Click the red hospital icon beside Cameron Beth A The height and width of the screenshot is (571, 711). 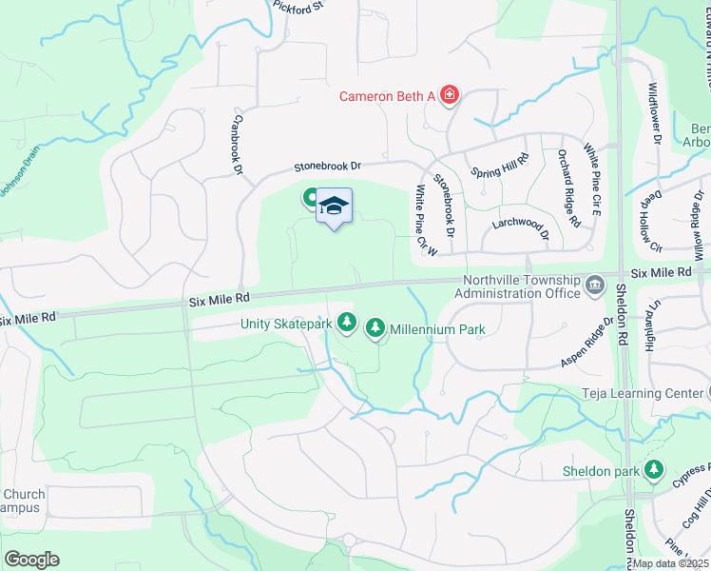coord(450,95)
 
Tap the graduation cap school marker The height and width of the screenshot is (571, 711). coord(334,207)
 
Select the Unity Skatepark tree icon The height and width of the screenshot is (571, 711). coord(348,324)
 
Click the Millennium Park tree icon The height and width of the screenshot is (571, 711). coord(375,329)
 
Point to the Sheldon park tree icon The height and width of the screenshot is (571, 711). coord(653,469)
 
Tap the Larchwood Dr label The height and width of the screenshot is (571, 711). coord(521,226)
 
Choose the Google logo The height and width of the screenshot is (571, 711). coord(31,560)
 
